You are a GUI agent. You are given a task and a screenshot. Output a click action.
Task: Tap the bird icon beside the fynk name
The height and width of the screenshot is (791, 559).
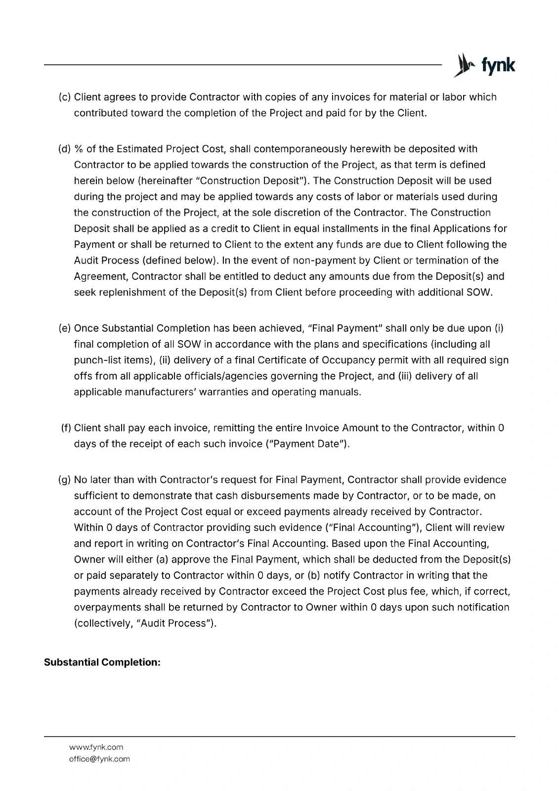point(463,65)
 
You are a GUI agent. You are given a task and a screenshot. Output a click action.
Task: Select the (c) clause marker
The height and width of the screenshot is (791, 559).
point(64,97)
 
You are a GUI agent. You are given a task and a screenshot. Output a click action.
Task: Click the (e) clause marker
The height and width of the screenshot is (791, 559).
point(64,328)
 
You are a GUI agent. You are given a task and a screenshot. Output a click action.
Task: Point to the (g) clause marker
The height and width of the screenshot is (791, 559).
point(64,480)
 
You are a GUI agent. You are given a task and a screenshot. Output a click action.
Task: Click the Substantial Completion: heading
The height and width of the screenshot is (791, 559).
point(102,662)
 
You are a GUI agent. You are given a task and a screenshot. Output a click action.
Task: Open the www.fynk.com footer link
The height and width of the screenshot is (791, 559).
point(96,747)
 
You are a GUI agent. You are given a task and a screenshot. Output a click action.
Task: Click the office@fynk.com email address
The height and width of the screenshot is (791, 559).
point(99,759)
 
